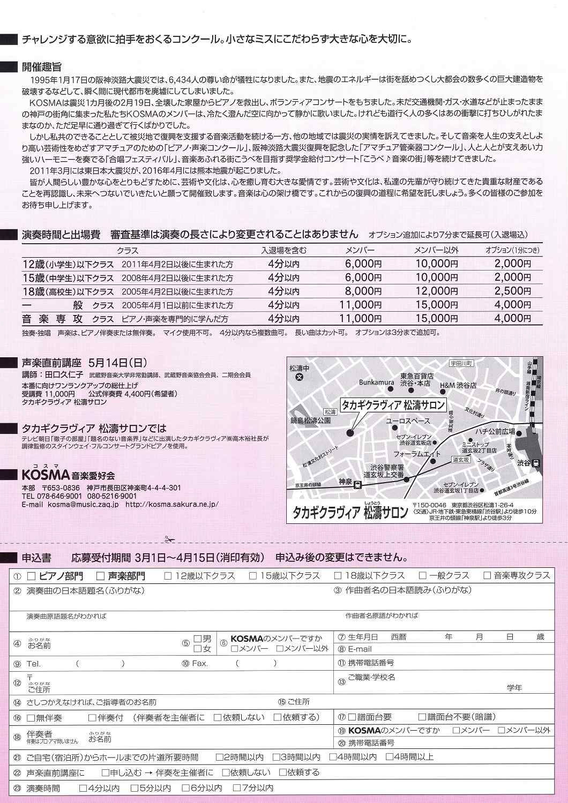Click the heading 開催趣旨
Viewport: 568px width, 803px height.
[x=41, y=67]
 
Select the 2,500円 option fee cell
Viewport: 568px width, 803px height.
[x=512, y=291]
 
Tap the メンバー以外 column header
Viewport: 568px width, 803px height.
[x=436, y=250]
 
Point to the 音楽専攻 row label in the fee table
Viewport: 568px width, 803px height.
[x=53, y=319]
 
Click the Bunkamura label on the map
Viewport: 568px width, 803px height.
[x=377, y=383]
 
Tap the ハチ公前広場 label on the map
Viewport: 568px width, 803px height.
[x=494, y=432]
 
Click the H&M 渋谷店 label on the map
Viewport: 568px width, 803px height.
[x=458, y=386]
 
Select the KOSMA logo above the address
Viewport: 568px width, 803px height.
[x=46, y=475]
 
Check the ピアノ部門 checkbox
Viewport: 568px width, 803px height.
[x=31, y=576]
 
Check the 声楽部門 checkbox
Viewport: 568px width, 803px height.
[x=100, y=576]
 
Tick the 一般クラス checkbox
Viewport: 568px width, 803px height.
[x=423, y=576]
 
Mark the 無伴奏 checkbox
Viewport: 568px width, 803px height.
[x=31, y=717]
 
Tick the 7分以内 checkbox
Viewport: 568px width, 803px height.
[x=237, y=789]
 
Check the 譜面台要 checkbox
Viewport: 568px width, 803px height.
[x=352, y=717]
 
